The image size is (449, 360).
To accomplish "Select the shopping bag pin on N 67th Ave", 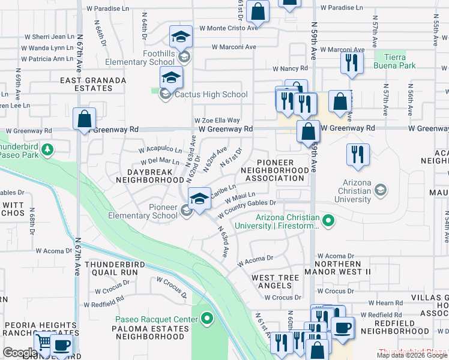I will click(x=84, y=119).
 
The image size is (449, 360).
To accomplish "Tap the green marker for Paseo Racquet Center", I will click(x=208, y=319).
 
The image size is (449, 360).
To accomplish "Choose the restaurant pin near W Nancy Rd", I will click(x=351, y=63).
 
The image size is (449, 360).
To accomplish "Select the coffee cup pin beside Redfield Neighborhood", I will click(x=342, y=328).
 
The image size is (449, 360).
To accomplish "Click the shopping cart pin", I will click(x=44, y=342).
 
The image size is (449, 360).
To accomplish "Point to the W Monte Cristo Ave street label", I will click(x=233, y=28).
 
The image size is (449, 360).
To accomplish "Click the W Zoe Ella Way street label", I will click(x=217, y=121).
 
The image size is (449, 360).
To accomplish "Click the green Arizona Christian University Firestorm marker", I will click(x=328, y=221).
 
